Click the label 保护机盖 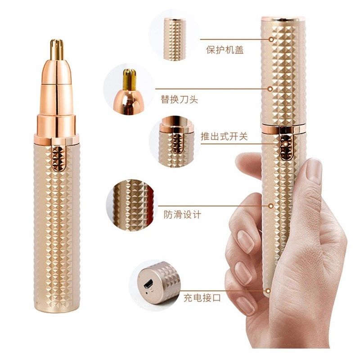click(x=225, y=50)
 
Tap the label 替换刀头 click(x=180, y=99)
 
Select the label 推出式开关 click(x=224, y=136)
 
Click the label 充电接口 click(x=202, y=297)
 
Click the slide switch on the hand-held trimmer click(x=284, y=143)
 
